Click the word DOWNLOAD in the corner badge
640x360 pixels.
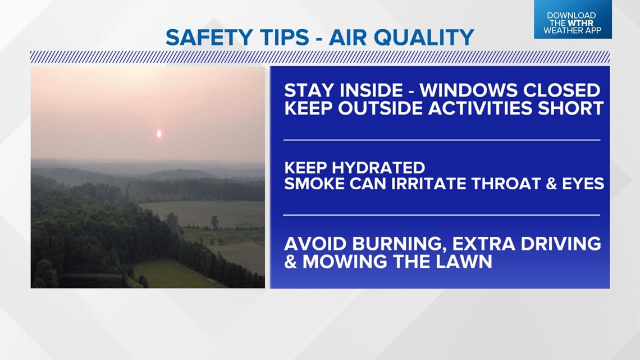click(x=572, y=16)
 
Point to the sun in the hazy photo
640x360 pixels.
click(x=159, y=134)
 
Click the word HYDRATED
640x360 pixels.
click(x=378, y=168)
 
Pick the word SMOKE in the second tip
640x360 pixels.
click(x=314, y=184)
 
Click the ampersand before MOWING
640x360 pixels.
click(x=291, y=262)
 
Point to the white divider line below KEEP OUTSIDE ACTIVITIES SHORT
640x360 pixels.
click(x=442, y=140)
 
